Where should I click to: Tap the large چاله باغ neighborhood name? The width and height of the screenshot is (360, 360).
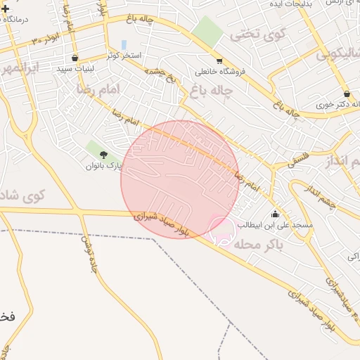[x=209, y=89]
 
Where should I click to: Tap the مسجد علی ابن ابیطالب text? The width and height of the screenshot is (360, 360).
[x=274, y=226]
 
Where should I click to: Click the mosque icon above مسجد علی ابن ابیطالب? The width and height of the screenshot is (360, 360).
[x=274, y=214]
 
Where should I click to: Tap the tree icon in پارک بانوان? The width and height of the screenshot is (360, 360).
[x=104, y=155]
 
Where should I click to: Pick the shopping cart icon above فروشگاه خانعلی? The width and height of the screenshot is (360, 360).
[x=219, y=60]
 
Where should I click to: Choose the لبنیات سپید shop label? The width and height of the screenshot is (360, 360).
[x=75, y=67]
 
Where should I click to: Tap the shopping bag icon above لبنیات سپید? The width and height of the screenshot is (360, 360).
[x=75, y=57]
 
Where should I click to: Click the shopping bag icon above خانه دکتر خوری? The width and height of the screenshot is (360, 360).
[x=346, y=94]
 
